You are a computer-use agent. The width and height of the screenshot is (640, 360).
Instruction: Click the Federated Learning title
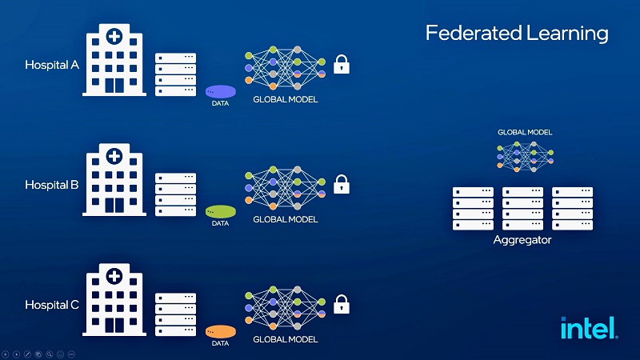516,34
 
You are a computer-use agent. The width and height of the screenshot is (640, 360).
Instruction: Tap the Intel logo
588,328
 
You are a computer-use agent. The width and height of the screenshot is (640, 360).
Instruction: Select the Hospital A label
51,65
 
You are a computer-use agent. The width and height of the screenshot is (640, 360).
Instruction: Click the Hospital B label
51,185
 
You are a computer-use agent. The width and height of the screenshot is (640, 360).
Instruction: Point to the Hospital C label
51,305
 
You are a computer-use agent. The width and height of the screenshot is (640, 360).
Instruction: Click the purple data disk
221,92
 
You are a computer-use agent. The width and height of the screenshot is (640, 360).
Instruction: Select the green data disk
221,212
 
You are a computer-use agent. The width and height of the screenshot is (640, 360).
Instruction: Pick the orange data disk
221,331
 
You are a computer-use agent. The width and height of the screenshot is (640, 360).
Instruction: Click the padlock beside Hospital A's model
342,64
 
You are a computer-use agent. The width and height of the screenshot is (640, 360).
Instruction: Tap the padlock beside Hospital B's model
342,184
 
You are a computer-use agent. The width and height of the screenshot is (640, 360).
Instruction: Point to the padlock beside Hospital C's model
342,304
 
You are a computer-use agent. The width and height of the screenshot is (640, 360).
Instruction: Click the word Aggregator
522,240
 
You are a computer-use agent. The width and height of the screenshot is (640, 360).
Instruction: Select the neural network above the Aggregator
525,154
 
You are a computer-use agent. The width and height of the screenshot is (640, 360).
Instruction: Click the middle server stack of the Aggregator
522,209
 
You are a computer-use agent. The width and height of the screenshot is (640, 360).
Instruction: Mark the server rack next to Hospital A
176,74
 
